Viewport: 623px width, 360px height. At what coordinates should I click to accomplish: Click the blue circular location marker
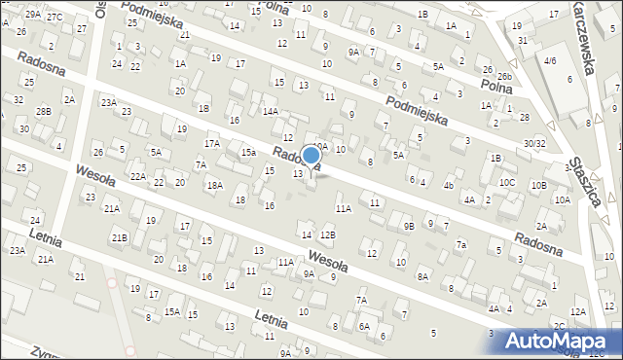pos(311,155)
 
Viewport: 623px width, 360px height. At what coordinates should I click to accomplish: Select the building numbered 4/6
pos(550,60)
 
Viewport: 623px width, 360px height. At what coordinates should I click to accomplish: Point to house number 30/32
pos(533,143)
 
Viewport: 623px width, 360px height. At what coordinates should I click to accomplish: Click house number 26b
pos(504,76)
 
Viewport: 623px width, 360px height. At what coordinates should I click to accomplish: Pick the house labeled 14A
pos(270,111)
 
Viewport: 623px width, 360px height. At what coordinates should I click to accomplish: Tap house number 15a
pos(248,153)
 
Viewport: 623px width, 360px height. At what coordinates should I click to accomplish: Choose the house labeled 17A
pos(211,143)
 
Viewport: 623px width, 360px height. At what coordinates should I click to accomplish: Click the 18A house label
pos(214,185)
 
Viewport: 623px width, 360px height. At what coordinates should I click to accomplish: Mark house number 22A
pos(138,176)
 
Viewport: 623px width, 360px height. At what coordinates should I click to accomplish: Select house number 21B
pos(119,237)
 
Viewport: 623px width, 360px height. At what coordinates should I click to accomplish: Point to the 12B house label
pos(328,234)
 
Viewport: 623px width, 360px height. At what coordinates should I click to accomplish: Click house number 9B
pos(409,226)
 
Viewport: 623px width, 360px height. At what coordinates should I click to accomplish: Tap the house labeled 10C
pos(507,182)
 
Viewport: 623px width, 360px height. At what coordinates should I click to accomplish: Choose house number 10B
pos(538,184)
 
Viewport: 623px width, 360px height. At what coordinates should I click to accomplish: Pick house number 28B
pos(44,111)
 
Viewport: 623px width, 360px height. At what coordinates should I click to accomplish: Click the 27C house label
pos(55,17)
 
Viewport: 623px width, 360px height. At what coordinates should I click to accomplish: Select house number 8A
pos(422,276)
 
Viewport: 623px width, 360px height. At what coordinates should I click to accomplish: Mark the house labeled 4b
pos(449,185)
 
